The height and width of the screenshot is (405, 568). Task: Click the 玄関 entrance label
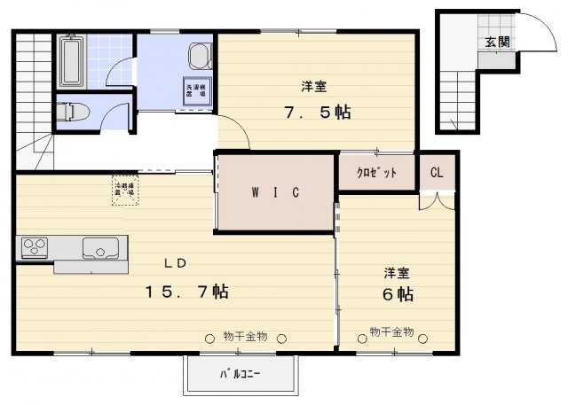point(497,42)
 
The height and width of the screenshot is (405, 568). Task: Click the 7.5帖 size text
point(316,113)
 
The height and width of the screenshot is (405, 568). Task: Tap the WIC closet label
point(278,192)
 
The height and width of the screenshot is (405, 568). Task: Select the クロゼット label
point(377,172)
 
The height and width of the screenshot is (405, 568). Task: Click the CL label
point(437,172)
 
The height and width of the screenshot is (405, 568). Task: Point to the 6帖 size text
point(398,293)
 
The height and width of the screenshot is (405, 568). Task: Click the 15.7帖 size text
point(189,292)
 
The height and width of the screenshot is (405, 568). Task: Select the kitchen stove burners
point(36,245)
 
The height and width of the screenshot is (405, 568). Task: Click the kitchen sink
point(97,248)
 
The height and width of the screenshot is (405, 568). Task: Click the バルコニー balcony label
point(240,374)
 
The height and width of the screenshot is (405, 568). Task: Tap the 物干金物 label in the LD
point(245,336)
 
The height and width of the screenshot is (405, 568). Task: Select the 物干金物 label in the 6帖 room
point(391,332)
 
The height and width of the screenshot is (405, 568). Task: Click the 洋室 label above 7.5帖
point(312,87)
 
